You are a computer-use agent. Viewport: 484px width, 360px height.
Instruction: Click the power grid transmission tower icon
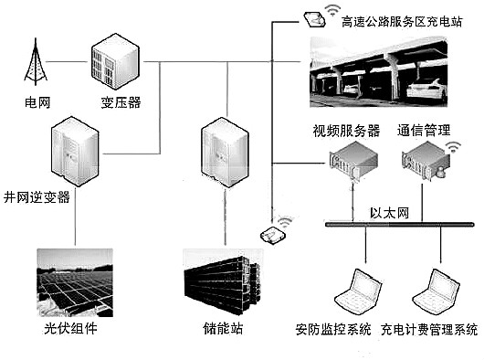[36, 61]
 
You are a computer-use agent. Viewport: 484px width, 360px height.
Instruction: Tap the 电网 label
[37, 102]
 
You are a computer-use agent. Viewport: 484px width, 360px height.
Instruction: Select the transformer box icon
[114, 58]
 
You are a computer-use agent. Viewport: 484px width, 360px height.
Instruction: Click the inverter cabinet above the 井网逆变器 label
[76, 149]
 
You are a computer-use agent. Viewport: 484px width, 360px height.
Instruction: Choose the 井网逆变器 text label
[37, 197]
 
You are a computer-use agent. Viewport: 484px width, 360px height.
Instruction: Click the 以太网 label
[387, 212]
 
